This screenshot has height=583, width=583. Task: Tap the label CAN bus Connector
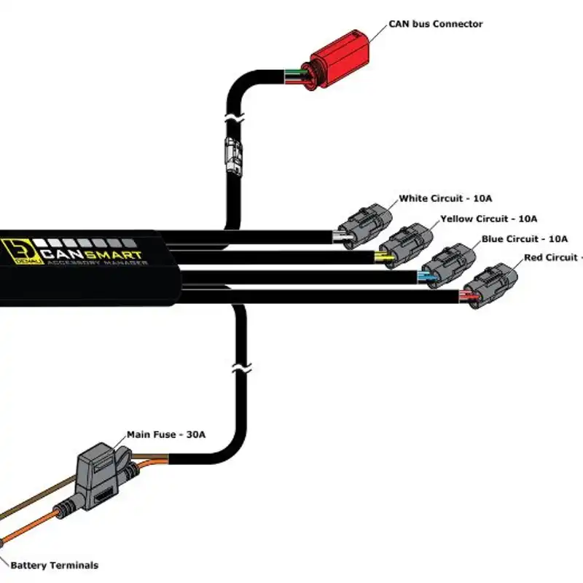(x=436, y=24)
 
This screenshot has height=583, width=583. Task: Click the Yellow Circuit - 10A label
(x=488, y=219)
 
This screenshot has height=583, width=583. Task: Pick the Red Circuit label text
(x=552, y=257)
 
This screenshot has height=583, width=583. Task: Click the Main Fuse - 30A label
(x=166, y=434)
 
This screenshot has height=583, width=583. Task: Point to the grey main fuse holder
(x=100, y=477)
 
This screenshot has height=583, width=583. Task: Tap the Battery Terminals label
(x=55, y=565)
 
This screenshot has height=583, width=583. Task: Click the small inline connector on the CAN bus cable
(x=233, y=154)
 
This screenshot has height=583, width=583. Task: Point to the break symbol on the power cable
(x=235, y=369)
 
